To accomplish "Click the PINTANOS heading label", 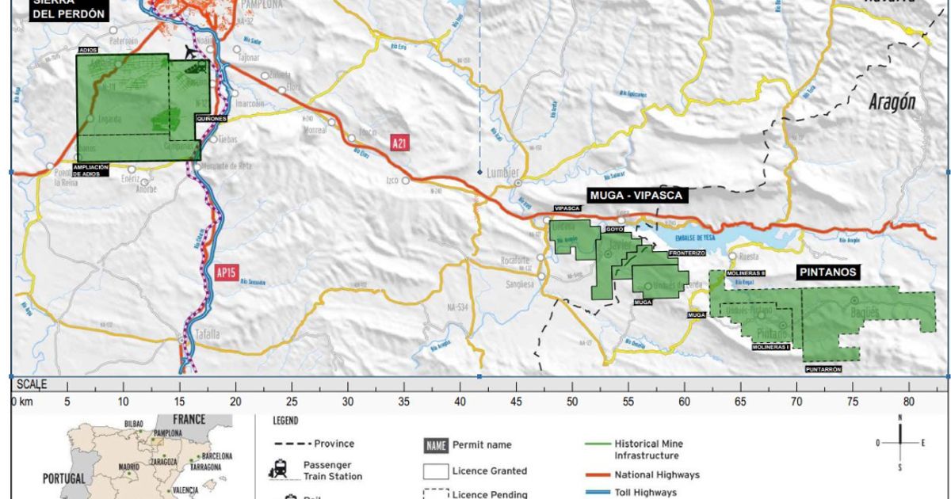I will pos(827,272).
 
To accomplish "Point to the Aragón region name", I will pos(892,102).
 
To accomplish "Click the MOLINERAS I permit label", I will pos(770,348).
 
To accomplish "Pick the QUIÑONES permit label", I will pos(211,119).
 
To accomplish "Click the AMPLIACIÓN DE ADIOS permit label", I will pos(95,171).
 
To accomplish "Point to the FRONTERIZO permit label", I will pos(686,253).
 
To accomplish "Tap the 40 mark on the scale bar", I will pos(460,401).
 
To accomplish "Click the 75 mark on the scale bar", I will pos(853,401).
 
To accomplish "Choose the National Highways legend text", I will pos(657,475).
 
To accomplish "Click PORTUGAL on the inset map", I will pos(68,478).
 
